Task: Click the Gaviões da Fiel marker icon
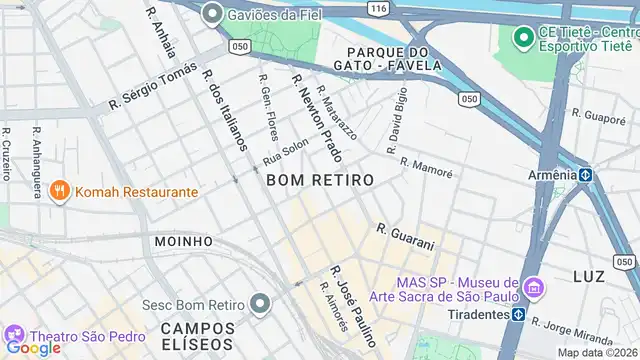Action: [x=211, y=14]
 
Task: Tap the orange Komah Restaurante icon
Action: [x=60, y=190]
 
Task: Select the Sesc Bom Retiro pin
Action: [x=260, y=303]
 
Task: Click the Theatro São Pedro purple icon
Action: [x=15, y=335]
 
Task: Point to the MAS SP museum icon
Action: [x=533, y=290]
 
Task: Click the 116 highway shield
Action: [x=376, y=7]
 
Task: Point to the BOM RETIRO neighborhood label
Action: [x=320, y=180]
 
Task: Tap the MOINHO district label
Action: [x=184, y=241]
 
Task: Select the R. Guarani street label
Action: [x=405, y=237]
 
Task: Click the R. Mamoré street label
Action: [x=426, y=166]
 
